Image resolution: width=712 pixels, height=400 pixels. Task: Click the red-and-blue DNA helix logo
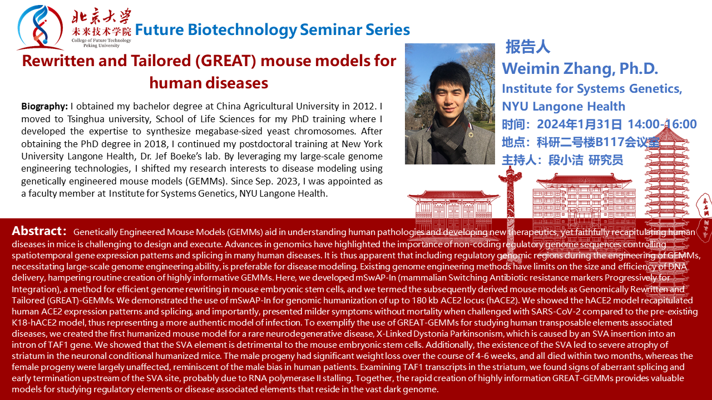(41, 28)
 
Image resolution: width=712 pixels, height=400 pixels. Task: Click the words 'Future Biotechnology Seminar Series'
(273, 30)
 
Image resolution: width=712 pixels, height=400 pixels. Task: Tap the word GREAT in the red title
(226, 61)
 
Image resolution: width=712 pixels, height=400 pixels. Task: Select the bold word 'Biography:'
(44, 106)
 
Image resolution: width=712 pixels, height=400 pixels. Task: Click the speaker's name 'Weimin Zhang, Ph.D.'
(580, 69)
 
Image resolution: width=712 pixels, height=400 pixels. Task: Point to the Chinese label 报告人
(528, 47)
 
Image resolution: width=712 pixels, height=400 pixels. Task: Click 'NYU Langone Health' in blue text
(563, 107)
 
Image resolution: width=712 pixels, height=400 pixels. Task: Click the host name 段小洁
(566, 160)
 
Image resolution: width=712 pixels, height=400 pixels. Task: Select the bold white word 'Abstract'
(37, 231)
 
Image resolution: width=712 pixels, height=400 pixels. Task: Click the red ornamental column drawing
(510, 197)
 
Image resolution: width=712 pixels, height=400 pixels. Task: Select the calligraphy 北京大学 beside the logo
(101, 17)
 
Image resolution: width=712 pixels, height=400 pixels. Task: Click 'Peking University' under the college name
(101, 46)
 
